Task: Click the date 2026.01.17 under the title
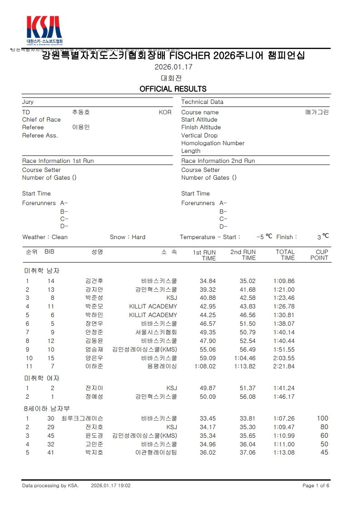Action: [x=174, y=67]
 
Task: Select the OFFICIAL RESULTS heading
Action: [x=173, y=89]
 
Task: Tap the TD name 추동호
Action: [x=81, y=112]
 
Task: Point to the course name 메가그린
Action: [x=317, y=112]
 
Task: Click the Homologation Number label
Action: [x=212, y=143]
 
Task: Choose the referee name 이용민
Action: [x=81, y=127]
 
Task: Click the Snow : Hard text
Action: [x=128, y=237]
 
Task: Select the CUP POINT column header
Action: [x=319, y=255]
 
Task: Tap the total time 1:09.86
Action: [x=284, y=281]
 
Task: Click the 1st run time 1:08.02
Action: [x=205, y=367]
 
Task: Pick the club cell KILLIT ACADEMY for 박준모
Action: [x=153, y=307]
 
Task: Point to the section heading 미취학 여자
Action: [x=42, y=378]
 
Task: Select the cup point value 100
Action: [x=322, y=419]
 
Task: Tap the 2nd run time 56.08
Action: [x=247, y=396]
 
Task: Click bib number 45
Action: [x=50, y=436]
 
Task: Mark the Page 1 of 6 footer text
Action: [x=316, y=485]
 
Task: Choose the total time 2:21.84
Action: [x=284, y=367]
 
